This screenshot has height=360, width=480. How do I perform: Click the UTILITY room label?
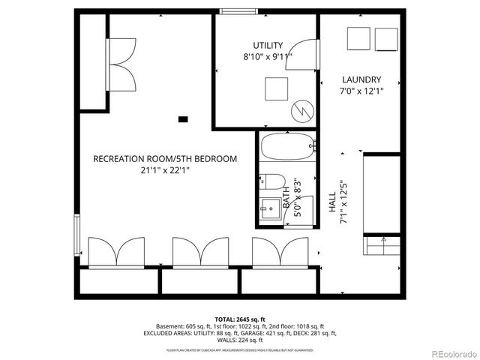point(267,45)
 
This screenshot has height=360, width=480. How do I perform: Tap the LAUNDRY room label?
point(361,79)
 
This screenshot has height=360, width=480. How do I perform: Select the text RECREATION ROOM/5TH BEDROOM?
point(165,159)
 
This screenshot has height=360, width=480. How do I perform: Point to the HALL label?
point(332,202)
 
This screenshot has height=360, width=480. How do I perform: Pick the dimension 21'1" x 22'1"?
point(165,170)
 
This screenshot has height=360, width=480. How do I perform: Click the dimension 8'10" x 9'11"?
point(267,56)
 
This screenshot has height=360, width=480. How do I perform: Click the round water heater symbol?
point(301,109)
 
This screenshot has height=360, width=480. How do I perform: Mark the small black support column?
point(183,118)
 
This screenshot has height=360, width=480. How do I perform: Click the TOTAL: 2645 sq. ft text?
point(240,318)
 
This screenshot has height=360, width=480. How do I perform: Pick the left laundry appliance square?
point(357,38)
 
